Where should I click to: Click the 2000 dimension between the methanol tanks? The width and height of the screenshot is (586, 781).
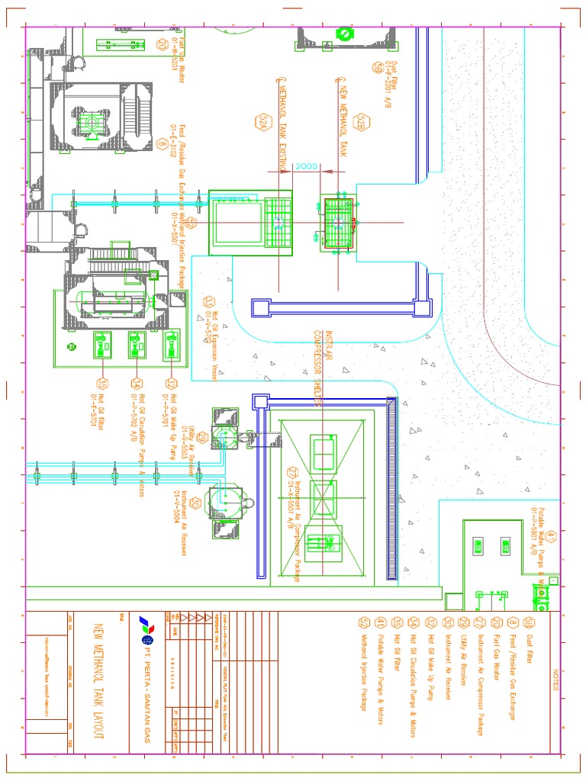(x=307, y=166)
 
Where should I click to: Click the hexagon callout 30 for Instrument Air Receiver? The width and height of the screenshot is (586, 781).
(x=196, y=503)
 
